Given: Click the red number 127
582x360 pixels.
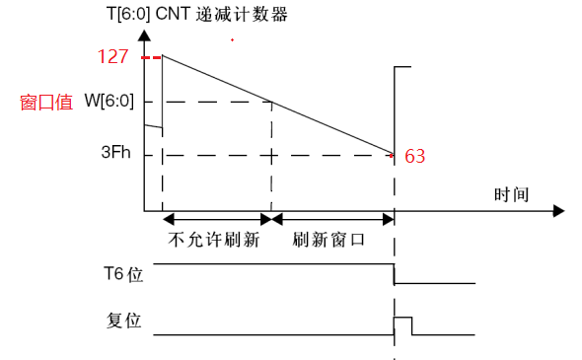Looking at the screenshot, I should coord(112,56).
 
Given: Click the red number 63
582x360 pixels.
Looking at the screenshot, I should coord(415,156).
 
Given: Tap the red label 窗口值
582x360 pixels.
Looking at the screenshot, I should coord(46,102).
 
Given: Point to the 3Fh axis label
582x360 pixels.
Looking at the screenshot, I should coord(115,154).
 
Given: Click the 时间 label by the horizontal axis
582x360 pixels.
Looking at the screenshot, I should coord(512,193).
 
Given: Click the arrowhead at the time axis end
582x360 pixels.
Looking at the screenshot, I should coord(558,210).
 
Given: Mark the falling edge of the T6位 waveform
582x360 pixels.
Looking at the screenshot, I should coord(395,275).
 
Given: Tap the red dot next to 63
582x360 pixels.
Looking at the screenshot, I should coord(393,155).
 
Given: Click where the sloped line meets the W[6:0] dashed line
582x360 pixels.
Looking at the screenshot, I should coord(271,101).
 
